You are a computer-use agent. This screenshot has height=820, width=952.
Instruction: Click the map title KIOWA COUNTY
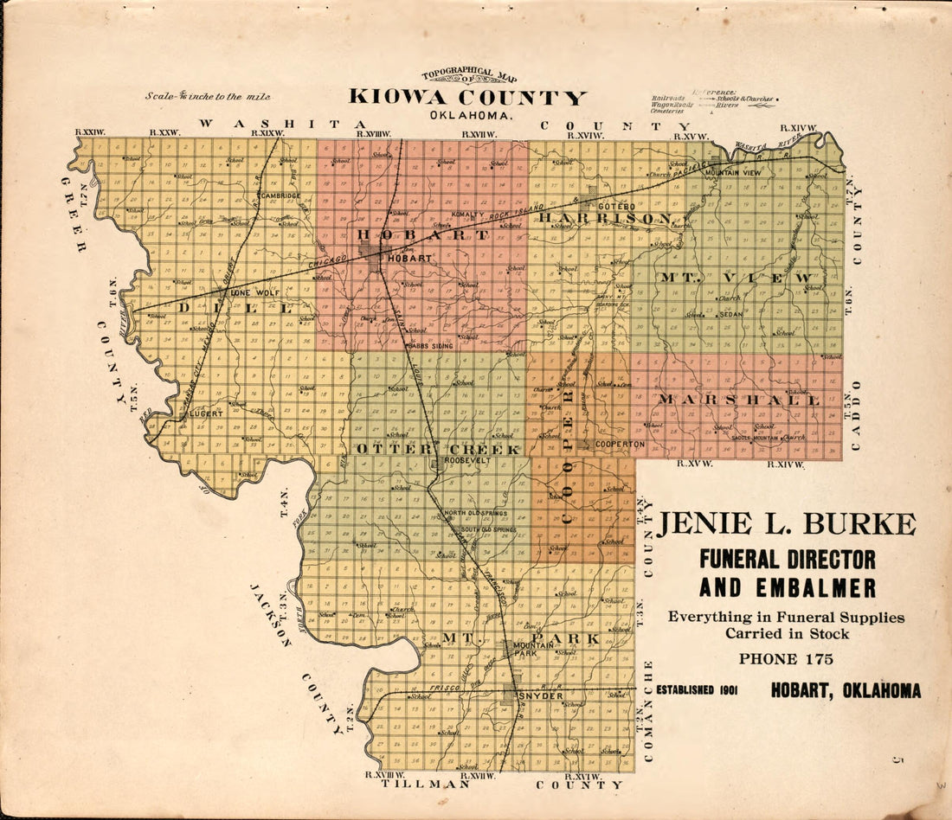pyautogui.click(x=467, y=97)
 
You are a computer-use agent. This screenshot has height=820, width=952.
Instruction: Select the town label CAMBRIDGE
pyautogui.click(x=279, y=195)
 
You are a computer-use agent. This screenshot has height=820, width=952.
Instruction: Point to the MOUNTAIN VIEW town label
pyautogui.click(x=733, y=173)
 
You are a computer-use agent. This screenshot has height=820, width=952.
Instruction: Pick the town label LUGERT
pyautogui.click(x=207, y=413)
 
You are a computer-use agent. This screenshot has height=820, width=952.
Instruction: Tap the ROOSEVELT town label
pyautogui.click(x=467, y=461)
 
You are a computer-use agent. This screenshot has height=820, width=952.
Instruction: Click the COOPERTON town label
pyautogui.click(x=620, y=444)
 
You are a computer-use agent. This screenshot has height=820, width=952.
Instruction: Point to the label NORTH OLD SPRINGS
pyautogui.click(x=475, y=513)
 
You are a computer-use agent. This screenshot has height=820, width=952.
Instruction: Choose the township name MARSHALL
pyautogui.click(x=738, y=400)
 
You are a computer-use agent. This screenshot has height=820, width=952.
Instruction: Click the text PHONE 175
pyautogui.click(x=786, y=659)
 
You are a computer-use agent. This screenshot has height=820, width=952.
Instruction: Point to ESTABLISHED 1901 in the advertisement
pyautogui.click(x=696, y=690)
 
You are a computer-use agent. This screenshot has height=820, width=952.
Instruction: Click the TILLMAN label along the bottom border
pyautogui.click(x=417, y=784)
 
